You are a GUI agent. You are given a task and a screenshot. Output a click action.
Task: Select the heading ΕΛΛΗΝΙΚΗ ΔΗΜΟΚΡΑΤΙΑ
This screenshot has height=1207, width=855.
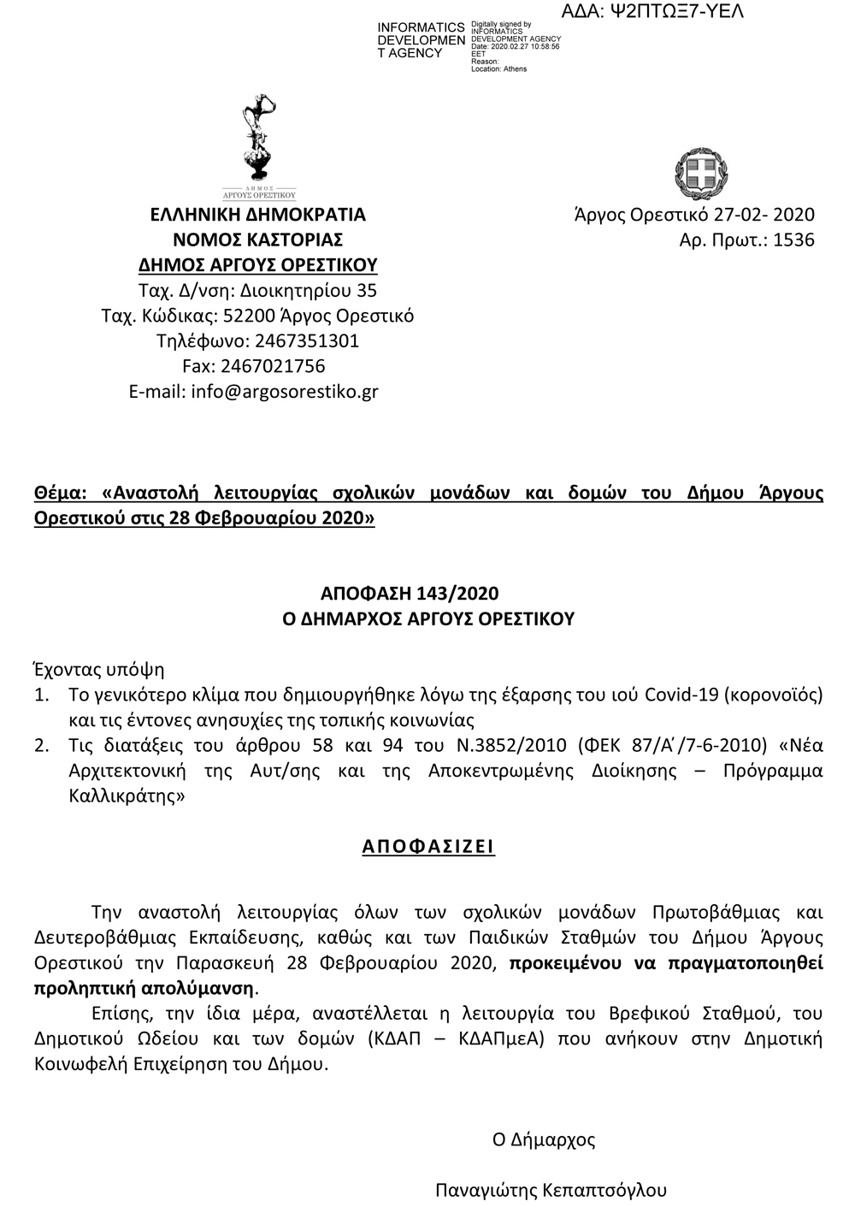pyautogui.click(x=257, y=214)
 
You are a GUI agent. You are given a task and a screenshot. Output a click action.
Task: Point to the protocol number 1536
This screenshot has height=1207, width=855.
pyautogui.click(x=793, y=240)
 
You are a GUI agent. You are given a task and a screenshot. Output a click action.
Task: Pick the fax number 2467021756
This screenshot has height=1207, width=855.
pyautogui.click(x=273, y=366)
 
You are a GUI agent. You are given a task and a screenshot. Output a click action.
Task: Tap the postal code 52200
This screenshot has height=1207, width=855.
pyautogui.click(x=248, y=316)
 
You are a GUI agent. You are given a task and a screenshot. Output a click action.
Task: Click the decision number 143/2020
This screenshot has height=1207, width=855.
pyautogui.click(x=458, y=594)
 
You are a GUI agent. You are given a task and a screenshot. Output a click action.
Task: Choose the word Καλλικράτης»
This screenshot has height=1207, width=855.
pyautogui.click(x=127, y=796)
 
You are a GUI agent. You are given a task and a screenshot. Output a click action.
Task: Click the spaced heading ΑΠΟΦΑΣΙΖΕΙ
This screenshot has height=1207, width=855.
pyautogui.click(x=428, y=847)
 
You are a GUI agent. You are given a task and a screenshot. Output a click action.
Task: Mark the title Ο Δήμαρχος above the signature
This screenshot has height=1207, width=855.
pyautogui.click(x=544, y=1139)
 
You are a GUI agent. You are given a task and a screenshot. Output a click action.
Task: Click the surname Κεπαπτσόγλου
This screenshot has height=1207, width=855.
pyautogui.click(x=604, y=1190)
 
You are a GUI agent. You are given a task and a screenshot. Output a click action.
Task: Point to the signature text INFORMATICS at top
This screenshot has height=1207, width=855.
pyautogui.click(x=421, y=28)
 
